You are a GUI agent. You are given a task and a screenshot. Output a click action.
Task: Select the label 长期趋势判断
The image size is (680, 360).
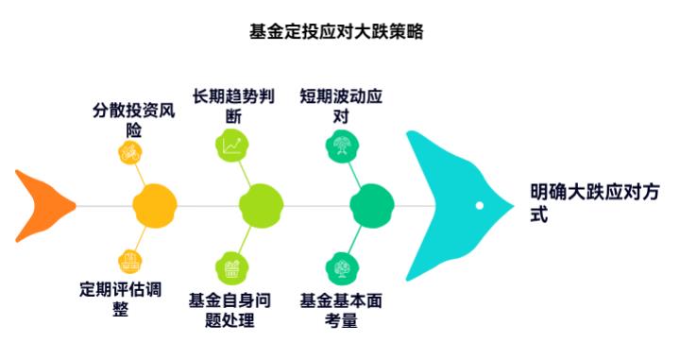(233, 107)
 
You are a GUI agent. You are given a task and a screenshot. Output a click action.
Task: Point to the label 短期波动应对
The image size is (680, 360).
(341, 107)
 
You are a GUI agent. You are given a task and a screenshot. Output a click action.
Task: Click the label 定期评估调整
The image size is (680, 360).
(120, 299)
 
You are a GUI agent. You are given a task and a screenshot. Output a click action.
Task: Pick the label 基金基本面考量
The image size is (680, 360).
(341, 310)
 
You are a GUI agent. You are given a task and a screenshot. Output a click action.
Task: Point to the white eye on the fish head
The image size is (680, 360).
(480, 205)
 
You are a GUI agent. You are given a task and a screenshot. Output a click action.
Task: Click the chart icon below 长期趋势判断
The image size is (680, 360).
(232, 145)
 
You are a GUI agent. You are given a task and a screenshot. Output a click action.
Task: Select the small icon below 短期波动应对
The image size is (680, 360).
(340, 145)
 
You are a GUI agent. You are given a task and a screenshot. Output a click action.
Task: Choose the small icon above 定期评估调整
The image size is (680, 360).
(128, 261)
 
